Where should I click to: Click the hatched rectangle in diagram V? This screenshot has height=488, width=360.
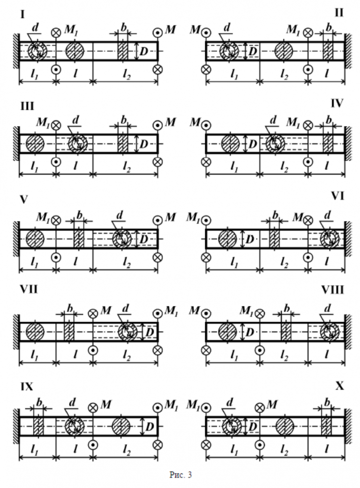coord(79,239)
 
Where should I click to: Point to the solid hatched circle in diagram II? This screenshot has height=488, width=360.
coord(283,51)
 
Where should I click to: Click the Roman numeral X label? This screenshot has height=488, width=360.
coord(340,386)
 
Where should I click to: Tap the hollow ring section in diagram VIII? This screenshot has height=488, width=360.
coord(330,332)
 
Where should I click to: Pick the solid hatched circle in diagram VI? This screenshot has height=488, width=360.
coord(226,239)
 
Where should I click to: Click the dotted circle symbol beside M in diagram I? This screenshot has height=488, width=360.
coord(157,32)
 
